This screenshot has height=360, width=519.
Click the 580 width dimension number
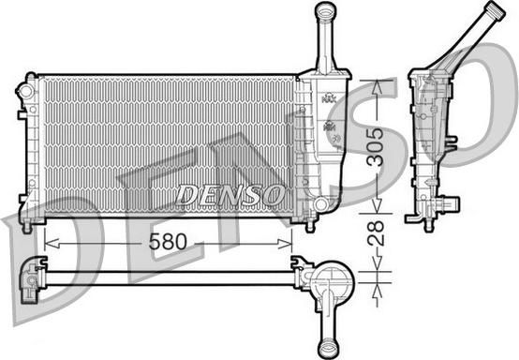(x=168, y=242)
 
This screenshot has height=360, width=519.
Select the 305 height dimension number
(x=376, y=146)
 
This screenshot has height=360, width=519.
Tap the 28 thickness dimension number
(x=376, y=232)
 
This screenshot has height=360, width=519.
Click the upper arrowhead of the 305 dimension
(x=376, y=87)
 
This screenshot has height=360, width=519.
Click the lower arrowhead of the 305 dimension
(x=377, y=205)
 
